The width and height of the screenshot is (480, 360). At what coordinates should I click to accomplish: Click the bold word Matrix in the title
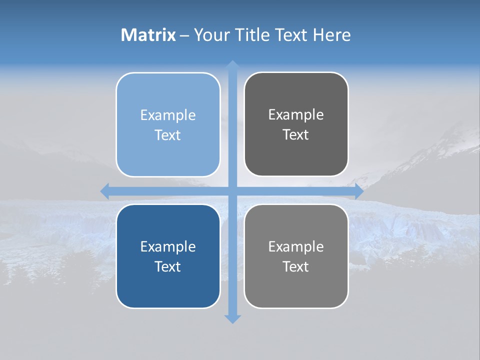click(x=148, y=35)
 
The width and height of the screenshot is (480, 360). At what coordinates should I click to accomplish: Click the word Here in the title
click(x=332, y=35)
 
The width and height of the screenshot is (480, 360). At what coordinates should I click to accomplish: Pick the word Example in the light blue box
click(x=168, y=115)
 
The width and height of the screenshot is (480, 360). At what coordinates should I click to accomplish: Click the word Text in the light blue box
click(x=168, y=135)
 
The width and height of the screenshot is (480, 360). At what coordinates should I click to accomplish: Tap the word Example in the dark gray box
click(x=296, y=115)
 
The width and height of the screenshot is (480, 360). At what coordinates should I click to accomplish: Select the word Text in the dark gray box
click(x=296, y=135)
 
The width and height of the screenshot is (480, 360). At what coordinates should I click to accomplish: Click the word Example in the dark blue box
click(x=168, y=247)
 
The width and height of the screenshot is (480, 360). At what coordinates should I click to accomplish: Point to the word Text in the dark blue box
click(x=168, y=267)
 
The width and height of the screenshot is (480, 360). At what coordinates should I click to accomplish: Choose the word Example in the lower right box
click(x=296, y=247)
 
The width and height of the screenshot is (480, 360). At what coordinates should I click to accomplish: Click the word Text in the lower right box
click(x=296, y=267)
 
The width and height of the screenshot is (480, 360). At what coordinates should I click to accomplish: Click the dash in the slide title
click(x=184, y=35)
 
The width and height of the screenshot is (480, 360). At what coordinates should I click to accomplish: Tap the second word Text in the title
click(x=292, y=35)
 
